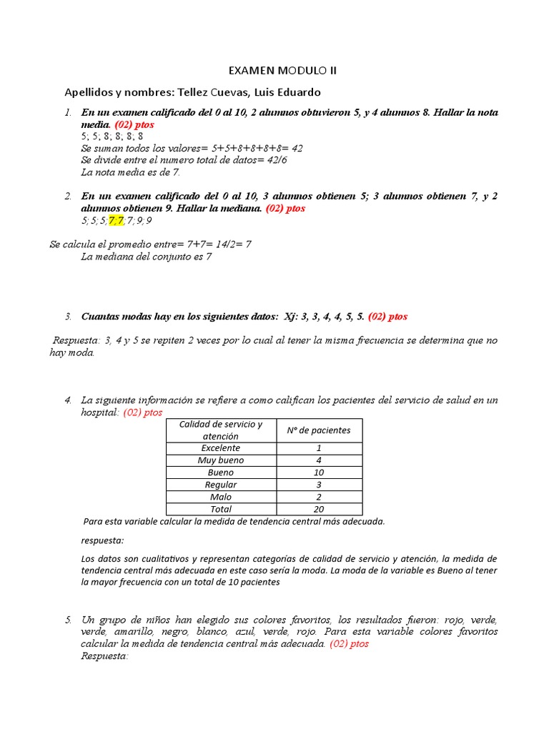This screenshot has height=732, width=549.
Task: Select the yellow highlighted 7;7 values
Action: [116, 220]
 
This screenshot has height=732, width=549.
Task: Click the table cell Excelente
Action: [220, 448]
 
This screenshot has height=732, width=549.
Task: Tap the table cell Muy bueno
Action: [220, 460]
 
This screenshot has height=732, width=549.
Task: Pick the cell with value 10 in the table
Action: [318, 473]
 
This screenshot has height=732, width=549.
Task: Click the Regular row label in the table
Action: [220, 485]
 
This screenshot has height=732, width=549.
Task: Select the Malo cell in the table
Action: [220, 497]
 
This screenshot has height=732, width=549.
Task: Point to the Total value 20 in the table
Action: [318, 509]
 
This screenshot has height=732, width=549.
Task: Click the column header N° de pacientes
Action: [318, 430]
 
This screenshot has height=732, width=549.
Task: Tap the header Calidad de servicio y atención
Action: [220, 430]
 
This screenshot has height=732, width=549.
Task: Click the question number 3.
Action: [68, 316]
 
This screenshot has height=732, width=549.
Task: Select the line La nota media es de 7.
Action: [130, 172]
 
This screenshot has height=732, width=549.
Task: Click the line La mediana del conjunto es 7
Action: [146, 257]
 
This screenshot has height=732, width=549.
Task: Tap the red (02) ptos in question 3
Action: [387, 316]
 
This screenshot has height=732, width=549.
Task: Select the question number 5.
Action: [68, 619]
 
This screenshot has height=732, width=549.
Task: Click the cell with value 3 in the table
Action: [318, 485]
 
